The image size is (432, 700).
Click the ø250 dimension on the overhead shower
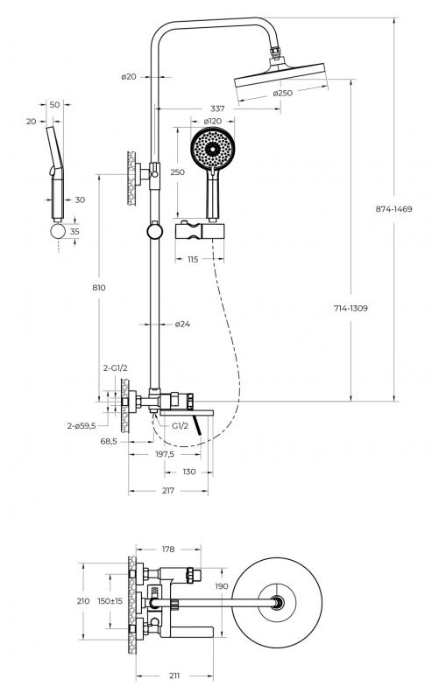(283, 93)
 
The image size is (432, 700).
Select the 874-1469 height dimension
(393, 209)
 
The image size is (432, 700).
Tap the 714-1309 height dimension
(351, 308)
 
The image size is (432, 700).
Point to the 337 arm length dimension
(217, 108)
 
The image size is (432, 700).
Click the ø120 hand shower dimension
(212, 121)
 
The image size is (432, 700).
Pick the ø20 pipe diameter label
(129, 77)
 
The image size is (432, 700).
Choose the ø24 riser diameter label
(182, 324)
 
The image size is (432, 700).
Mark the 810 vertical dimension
(99, 288)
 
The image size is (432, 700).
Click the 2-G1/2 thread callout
(116, 368)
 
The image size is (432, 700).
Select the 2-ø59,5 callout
(81, 426)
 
